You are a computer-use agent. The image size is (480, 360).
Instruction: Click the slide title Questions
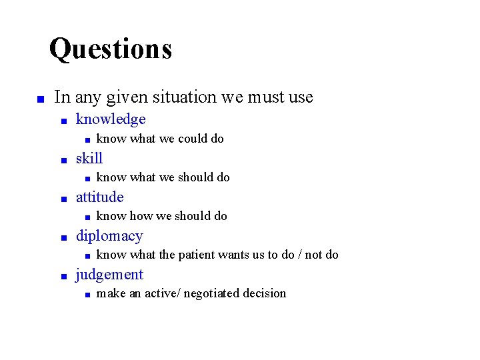pos(111,49)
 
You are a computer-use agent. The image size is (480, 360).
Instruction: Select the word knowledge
pos(111,119)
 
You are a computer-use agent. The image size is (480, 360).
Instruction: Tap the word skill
pos(89,158)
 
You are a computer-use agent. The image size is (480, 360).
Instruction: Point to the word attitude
pos(100,197)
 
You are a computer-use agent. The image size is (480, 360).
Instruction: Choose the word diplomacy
pos(109,235)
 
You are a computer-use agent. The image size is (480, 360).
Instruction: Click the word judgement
pos(109,274)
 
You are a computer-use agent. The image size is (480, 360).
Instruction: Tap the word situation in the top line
pos(185,97)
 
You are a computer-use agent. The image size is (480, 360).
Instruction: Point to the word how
pos(141,216)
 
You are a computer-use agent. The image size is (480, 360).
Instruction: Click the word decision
pos(265,293)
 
